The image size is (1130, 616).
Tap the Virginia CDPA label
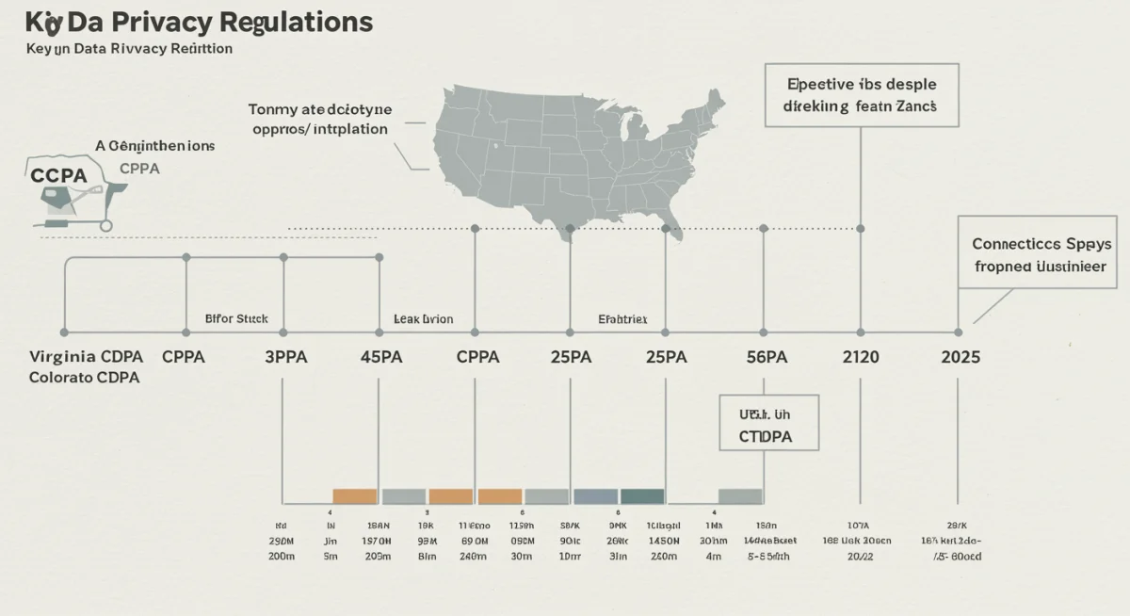(87, 357)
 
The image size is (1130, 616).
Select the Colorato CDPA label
(85, 378)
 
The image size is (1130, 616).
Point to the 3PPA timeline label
(282, 357)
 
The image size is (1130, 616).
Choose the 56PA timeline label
(766, 357)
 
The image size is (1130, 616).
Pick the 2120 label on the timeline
(860, 357)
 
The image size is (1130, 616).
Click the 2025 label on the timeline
(960, 357)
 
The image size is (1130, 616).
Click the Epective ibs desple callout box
(862, 95)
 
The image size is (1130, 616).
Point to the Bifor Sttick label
(236, 319)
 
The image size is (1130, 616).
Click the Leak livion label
(423, 319)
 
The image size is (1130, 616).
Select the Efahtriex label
(622, 319)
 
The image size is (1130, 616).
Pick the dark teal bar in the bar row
(642, 496)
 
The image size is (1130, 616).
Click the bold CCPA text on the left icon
(58, 175)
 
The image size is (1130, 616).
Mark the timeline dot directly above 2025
(958, 332)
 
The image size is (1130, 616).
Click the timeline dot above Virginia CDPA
(64, 332)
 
